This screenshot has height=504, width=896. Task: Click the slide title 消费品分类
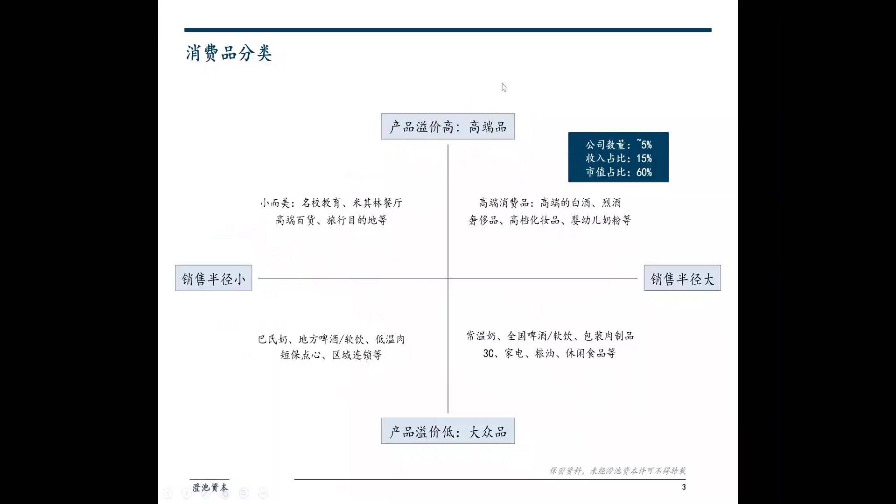(x=229, y=53)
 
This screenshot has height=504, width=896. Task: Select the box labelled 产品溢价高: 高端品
(x=448, y=126)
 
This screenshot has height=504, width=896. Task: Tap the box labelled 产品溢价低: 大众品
(x=448, y=431)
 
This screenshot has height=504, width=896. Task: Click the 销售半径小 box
(x=213, y=278)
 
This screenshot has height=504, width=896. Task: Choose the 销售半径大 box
(x=682, y=278)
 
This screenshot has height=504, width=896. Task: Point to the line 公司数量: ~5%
(x=618, y=145)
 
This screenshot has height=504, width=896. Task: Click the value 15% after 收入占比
(x=644, y=159)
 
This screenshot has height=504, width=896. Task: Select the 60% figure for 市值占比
(x=644, y=172)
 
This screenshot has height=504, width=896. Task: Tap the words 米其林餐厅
(x=377, y=203)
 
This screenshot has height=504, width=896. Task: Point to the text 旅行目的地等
(x=357, y=220)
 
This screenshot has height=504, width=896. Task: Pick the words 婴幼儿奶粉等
(x=601, y=220)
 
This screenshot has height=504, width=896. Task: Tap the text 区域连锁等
(x=357, y=355)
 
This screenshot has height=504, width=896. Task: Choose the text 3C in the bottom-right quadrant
(x=488, y=354)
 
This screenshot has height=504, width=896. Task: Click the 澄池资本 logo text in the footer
(x=210, y=487)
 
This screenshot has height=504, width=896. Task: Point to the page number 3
(x=684, y=487)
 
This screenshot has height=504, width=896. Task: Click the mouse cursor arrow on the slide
(x=504, y=87)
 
